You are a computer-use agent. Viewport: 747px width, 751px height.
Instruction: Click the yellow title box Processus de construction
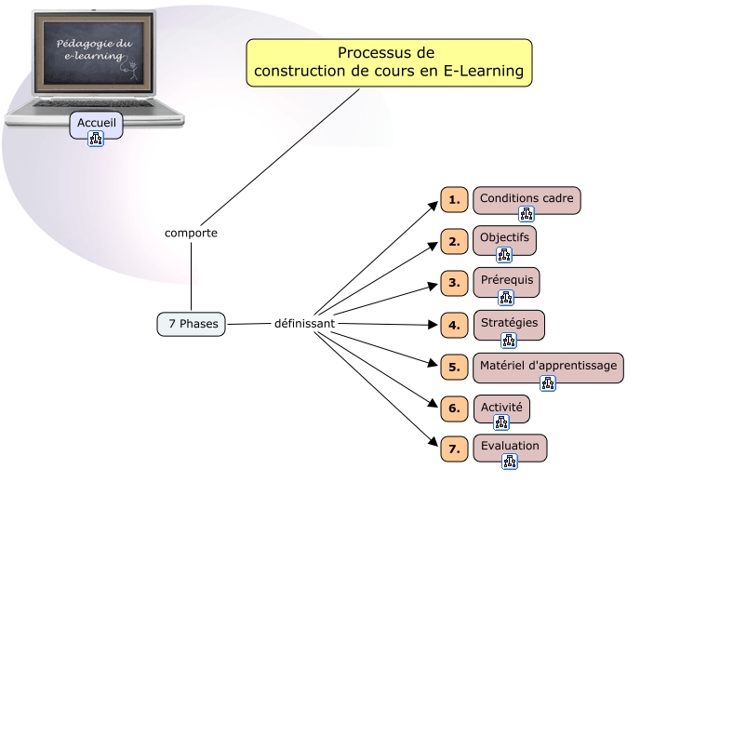389,62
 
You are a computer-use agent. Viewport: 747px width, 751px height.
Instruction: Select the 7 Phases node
191,324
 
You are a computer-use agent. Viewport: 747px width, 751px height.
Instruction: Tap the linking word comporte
191,233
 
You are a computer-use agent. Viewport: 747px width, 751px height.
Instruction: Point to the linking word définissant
304,323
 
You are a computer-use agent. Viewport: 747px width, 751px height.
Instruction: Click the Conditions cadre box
527,199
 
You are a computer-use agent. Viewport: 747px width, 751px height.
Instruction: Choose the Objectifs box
504,238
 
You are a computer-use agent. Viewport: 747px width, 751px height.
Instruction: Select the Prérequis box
506,280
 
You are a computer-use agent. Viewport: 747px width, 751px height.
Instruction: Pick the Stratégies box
509,323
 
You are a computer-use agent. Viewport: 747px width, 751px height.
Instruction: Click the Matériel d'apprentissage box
548,366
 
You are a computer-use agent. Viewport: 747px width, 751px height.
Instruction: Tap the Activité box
501,408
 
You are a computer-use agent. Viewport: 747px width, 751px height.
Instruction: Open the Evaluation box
510,446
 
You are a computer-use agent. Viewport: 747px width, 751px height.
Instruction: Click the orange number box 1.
454,200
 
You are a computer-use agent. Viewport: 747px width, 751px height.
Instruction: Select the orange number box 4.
454,326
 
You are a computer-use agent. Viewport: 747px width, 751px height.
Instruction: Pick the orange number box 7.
454,449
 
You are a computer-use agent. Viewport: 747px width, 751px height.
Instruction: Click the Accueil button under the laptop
96,123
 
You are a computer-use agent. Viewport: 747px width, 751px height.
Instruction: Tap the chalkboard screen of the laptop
94,52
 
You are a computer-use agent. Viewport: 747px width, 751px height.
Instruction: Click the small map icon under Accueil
95,139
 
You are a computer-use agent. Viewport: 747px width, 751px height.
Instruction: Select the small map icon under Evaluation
510,461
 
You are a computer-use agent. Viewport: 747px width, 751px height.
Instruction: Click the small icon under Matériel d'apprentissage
548,382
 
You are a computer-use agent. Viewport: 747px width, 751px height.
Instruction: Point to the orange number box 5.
454,367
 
